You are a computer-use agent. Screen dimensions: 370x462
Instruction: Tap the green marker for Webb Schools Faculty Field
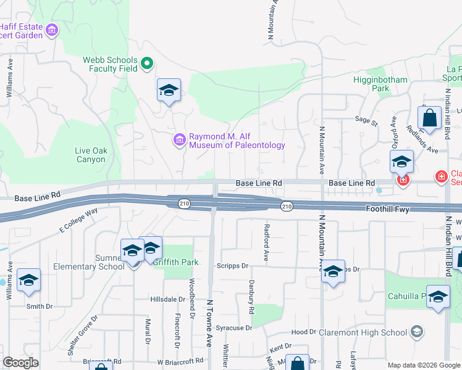[147, 64]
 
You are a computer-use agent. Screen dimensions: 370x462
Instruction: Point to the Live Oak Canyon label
[91, 155]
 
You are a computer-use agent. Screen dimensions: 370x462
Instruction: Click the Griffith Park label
[176, 262]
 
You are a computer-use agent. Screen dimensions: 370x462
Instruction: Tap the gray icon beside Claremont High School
[417, 332]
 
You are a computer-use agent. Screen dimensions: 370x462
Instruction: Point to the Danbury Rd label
[251, 300]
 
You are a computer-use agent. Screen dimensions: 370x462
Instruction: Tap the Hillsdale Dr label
[167, 299]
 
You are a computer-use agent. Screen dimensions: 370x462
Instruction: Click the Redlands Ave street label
[422, 141]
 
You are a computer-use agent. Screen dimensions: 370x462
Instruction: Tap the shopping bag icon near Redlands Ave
[429, 117]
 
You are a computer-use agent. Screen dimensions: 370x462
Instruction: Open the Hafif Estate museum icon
[51, 30]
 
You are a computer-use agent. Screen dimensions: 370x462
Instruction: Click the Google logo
[21, 363]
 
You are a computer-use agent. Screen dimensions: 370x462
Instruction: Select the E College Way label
[78, 221]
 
